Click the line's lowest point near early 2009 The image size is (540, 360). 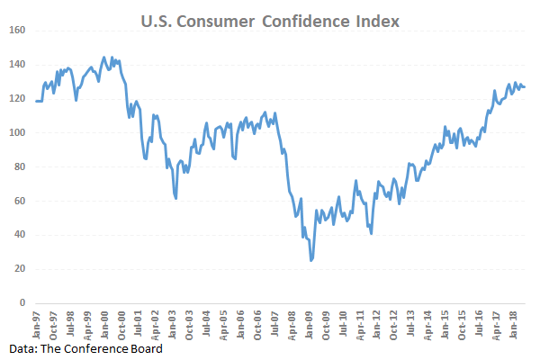(311, 260)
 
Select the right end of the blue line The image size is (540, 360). (526, 87)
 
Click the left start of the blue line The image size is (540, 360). (37, 101)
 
